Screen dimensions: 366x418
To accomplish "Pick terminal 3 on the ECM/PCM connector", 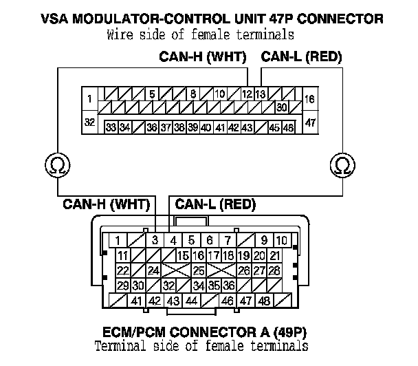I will pyautogui.click(x=156, y=240).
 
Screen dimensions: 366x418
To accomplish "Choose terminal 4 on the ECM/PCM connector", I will pyautogui.click(x=174, y=240).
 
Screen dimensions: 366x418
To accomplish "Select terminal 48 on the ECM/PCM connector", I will pyautogui.click(x=263, y=300).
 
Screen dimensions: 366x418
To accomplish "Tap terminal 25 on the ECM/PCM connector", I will pyautogui.click(x=199, y=270).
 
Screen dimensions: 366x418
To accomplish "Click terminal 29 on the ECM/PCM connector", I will pyautogui.click(x=123, y=285).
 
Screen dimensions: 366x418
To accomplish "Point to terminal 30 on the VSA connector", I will pyautogui.click(x=281, y=107).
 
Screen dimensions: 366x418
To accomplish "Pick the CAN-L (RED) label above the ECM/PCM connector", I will pyautogui.click(x=216, y=204).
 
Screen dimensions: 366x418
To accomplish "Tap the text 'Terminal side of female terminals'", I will pyautogui.click(x=201, y=346).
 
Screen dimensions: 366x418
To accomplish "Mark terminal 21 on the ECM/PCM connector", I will pyautogui.click(x=274, y=255).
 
